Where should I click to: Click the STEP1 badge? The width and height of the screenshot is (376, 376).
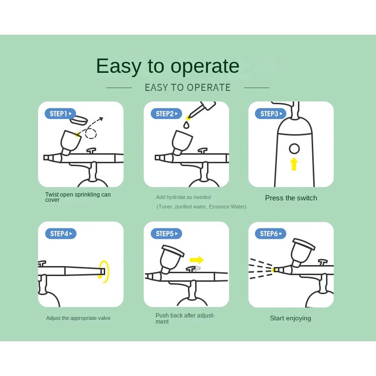pyautogui.click(x=60, y=114)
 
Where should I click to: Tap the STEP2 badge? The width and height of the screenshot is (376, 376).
pyautogui.click(x=166, y=114)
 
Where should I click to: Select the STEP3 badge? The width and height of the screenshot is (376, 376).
pyautogui.click(x=270, y=114)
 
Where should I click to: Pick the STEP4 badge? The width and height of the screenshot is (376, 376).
pyautogui.click(x=60, y=234)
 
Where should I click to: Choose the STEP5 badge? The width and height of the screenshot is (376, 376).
pyautogui.click(x=166, y=234)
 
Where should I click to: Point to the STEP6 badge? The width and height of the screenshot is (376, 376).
pyautogui.click(x=270, y=234)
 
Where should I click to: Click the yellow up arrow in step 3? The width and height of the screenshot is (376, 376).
pyautogui.click(x=294, y=164)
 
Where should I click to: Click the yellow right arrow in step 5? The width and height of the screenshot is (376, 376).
pyautogui.click(x=197, y=260)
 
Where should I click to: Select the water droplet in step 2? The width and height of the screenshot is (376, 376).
pyautogui.click(x=187, y=125)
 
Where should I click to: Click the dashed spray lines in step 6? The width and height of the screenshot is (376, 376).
pyautogui.click(x=260, y=269)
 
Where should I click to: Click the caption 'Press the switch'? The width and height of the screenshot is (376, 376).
pyautogui.click(x=291, y=198)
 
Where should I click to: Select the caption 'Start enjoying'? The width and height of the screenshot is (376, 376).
pyautogui.click(x=290, y=318)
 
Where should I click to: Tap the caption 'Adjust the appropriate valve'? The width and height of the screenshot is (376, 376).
pyautogui.click(x=78, y=318)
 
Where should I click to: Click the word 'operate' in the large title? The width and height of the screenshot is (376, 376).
pyautogui.click(x=205, y=66)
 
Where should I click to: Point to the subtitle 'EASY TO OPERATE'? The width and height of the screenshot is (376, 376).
pyautogui.click(x=188, y=88)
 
